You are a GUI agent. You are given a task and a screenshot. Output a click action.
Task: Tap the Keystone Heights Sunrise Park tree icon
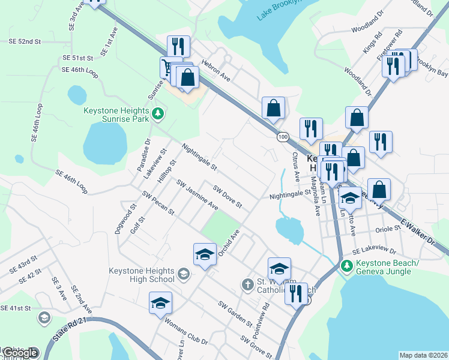click(x=158, y=113)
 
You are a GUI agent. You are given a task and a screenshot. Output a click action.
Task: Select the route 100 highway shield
click(x=282, y=137)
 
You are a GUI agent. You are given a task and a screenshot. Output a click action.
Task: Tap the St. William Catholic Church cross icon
click(x=247, y=284)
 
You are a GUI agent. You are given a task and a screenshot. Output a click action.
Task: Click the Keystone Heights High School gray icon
click(x=183, y=275)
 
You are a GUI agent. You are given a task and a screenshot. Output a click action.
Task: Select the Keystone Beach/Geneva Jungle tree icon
click(x=346, y=265)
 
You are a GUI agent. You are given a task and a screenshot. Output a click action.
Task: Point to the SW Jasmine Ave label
click(x=197, y=194)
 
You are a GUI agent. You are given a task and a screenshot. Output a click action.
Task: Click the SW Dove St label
click(x=228, y=196)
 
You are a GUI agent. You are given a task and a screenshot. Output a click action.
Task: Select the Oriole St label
click(x=387, y=229)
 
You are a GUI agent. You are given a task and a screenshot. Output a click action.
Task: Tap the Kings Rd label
click(x=370, y=47)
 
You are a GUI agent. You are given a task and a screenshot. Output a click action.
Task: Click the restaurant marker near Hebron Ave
click(x=178, y=46)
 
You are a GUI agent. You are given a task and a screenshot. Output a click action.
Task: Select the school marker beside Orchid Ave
click(x=205, y=253)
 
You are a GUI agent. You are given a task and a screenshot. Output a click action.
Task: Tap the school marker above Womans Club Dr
click(x=160, y=302)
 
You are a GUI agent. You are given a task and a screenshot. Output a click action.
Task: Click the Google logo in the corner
click(x=20, y=353)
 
